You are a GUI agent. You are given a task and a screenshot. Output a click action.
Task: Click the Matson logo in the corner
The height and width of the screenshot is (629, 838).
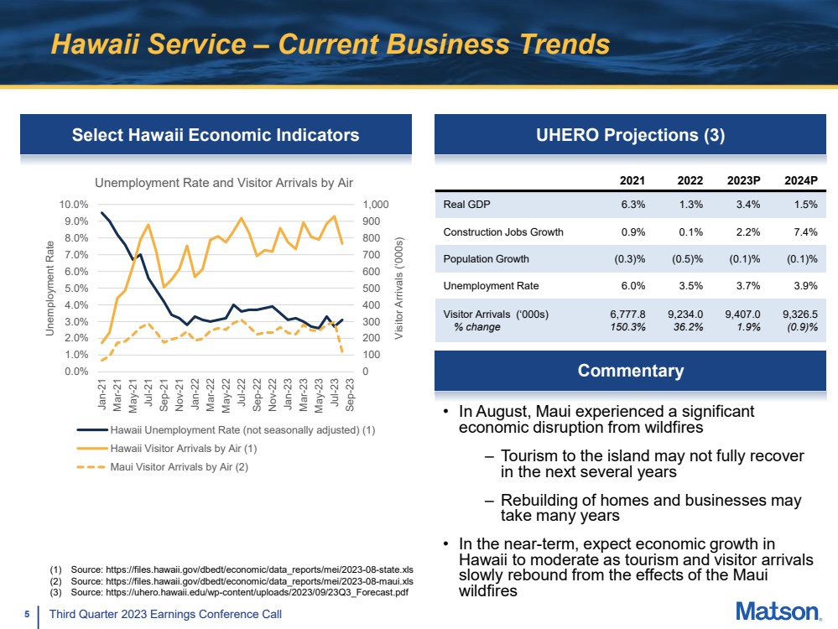[x=778, y=612]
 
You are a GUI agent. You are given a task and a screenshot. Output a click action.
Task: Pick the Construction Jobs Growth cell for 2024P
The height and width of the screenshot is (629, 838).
[x=801, y=232]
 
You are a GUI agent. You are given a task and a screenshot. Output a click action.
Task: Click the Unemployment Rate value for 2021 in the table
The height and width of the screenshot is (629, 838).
[x=631, y=286]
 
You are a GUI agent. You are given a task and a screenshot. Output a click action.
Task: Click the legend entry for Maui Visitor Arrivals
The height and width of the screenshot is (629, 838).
[x=179, y=467]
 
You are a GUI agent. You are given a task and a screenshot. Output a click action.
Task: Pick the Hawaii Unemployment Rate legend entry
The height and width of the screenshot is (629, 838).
[x=242, y=430]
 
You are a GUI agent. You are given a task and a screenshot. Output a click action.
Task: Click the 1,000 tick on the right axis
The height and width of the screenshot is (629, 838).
[x=375, y=205]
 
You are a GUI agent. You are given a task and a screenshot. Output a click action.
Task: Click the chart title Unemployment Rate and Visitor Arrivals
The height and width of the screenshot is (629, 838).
[x=224, y=182]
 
